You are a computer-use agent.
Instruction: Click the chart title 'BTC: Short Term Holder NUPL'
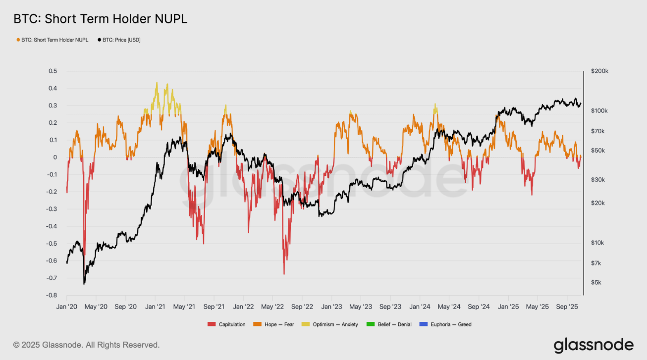click(x=100, y=19)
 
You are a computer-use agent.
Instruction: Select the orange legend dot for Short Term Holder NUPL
click(x=18, y=40)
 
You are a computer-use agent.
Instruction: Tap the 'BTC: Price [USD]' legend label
click(x=121, y=40)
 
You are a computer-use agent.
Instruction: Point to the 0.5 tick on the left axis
click(x=53, y=71)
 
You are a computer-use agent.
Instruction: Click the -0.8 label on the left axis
click(x=52, y=296)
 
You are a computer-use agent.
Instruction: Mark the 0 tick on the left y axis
click(x=55, y=157)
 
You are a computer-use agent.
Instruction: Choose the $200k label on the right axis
click(x=600, y=71)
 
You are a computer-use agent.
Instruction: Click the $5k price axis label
click(x=596, y=283)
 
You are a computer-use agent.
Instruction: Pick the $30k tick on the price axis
click(x=598, y=180)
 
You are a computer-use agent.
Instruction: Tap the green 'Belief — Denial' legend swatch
click(x=369, y=325)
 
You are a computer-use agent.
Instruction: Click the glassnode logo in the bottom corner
click(x=593, y=345)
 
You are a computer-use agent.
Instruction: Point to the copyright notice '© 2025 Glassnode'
click(x=86, y=345)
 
